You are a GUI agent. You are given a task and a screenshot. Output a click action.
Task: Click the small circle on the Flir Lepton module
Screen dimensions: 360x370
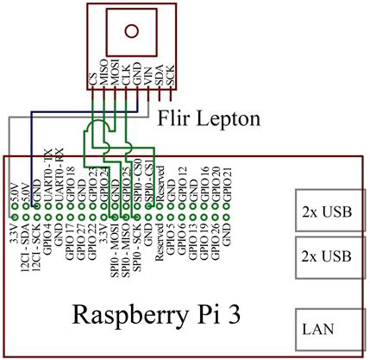130,32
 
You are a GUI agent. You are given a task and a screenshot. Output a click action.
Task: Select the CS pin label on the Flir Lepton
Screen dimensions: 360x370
92,79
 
